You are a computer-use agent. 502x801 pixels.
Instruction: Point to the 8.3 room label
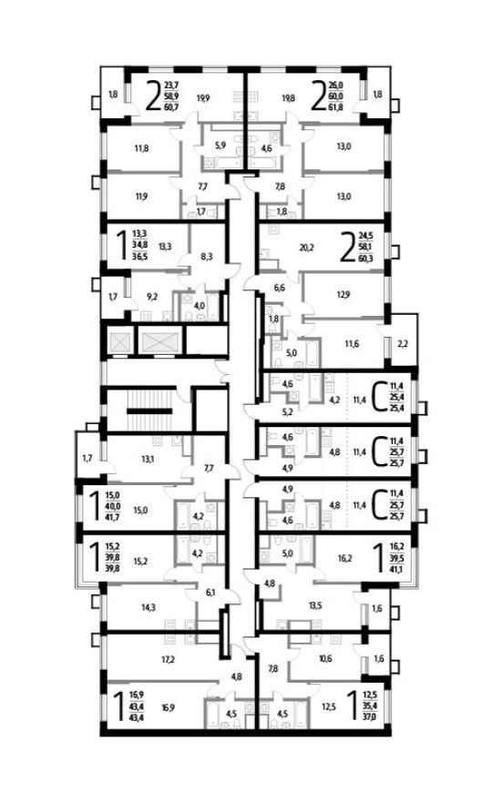(x=207, y=258)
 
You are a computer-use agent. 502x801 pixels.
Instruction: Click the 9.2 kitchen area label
(x=153, y=296)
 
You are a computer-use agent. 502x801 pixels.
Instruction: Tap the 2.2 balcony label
(x=403, y=343)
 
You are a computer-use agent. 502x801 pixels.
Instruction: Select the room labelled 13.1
(x=148, y=459)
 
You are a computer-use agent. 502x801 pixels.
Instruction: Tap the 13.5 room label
(x=316, y=603)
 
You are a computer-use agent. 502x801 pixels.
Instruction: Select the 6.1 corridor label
(x=210, y=593)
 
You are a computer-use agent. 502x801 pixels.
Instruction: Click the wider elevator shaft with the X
(x=161, y=343)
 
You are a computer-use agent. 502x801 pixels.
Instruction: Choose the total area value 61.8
(x=339, y=106)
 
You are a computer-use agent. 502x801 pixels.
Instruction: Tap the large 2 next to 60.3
(x=346, y=246)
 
